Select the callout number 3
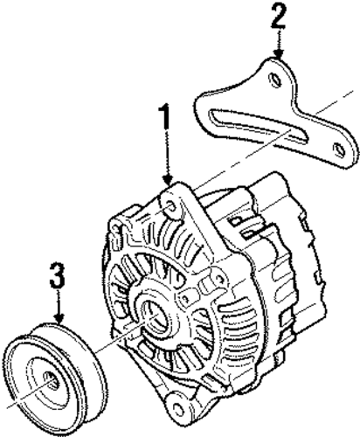click(57, 274)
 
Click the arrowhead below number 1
click(168, 180)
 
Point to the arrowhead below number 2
click(279, 53)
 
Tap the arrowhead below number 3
click(59, 319)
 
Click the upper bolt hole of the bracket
click(275, 80)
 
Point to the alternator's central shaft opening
click(156, 316)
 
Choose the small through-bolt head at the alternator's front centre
click(184, 298)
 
